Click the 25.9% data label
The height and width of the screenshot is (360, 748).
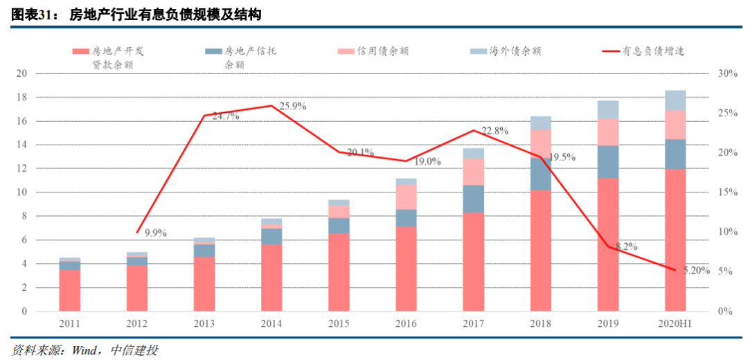293,107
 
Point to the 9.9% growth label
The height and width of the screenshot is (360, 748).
156,233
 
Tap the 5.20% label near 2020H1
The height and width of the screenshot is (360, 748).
697,271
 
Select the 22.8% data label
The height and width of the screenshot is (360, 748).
495,130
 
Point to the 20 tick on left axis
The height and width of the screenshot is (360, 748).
21,73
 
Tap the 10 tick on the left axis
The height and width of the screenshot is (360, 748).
21,192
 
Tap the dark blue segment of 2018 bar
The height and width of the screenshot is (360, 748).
541,174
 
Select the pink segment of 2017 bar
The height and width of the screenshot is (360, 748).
474,172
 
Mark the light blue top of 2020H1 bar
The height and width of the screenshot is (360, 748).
675,100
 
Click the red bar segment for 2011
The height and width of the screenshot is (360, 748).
70,290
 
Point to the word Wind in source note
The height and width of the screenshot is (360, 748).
86,350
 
